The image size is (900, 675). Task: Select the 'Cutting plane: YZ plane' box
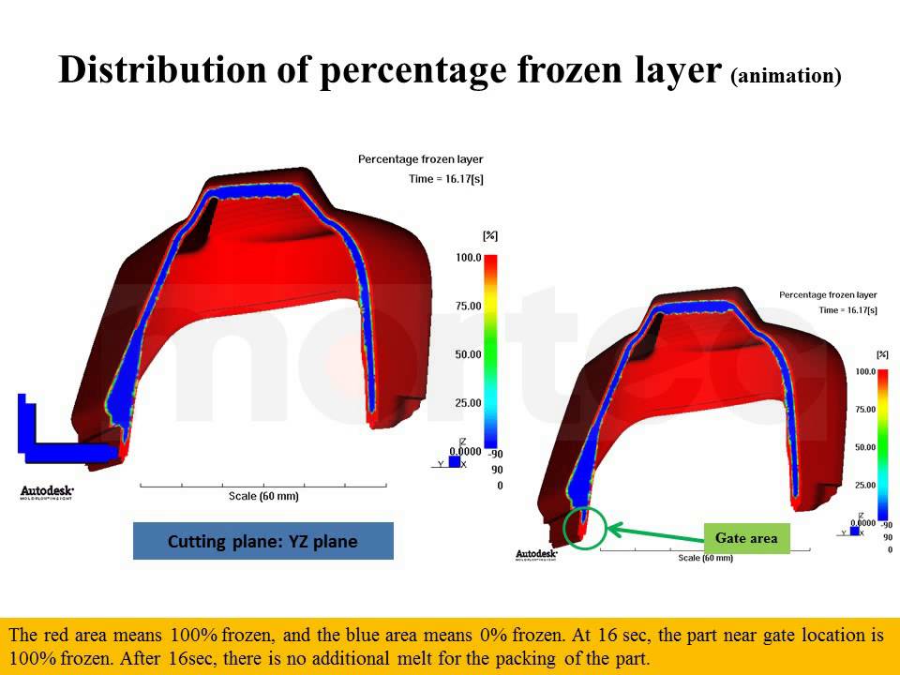tap(262, 541)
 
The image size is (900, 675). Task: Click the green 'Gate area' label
tap(746, 538)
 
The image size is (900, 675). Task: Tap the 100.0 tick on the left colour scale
tap(468, 257)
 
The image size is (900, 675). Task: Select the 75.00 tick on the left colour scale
tap(468, 306)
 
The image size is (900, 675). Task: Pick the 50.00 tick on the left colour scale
tap(468, 354)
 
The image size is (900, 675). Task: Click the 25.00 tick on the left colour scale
tap(468, 403)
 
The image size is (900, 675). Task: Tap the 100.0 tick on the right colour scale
tap(864, 372)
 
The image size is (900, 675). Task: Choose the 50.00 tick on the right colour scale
tap(865, 447)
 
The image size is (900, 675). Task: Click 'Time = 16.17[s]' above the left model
tap(446, 178)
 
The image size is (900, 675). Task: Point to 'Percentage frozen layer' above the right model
tap(828, 295)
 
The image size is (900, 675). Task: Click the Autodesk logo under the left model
tap(47, 492)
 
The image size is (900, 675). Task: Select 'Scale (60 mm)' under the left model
tap(263, 496)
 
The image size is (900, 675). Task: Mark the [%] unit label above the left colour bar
tap(489, 235)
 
